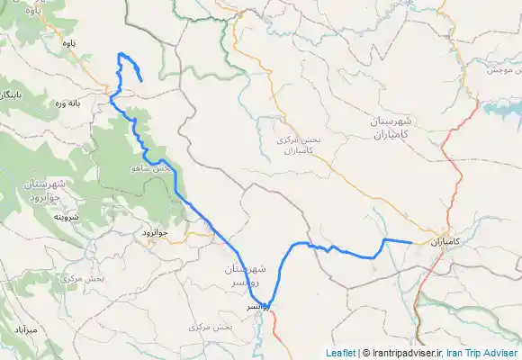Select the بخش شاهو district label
point(154,168)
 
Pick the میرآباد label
point(26,331)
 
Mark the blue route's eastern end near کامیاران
point(411,243)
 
